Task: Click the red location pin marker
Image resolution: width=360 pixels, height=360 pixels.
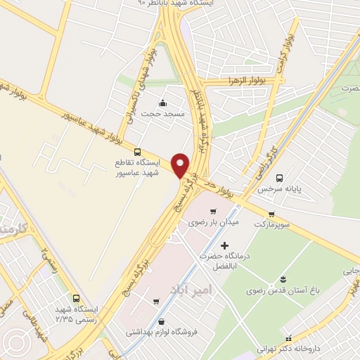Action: [x=181, y=165]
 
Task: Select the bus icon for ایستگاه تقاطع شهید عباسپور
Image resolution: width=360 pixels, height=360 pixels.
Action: [x=137, y=151]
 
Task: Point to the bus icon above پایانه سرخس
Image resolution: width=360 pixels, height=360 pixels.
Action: [x=280, y=178]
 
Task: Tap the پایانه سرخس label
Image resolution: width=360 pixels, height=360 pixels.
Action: [x=274, y=189]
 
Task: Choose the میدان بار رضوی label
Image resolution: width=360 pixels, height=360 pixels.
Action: [x=214, y=222]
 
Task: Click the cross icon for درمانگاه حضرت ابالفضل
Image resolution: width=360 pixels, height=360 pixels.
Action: [x=224, y=245]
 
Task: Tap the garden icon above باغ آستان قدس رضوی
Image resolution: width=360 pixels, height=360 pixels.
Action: [x=283, y=279]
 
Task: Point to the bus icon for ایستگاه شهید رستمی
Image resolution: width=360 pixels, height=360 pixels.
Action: [x=77, y=297]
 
